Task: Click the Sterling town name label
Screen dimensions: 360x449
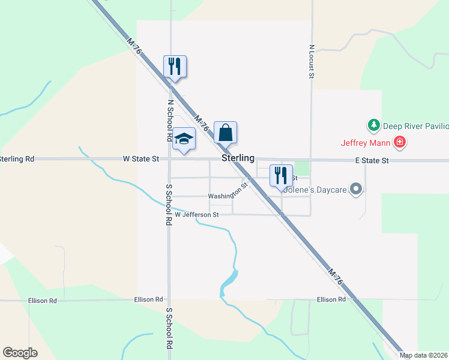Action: pyautogui.click(x=238, y=158)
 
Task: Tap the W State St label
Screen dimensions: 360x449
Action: pyautogui.click(x=140, y=159)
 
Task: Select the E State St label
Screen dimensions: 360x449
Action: pyautogui.click(x=372, y=161)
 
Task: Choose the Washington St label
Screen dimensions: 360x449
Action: pyautogui.click(x=228, y=194)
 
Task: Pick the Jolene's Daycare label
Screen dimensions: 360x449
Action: pyautogui.click(x=315, y=190)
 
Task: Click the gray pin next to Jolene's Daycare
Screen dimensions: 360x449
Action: pyautogui.click(x=357, y=190)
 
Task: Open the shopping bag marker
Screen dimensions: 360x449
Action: pyautogui.click(x=225, y=133)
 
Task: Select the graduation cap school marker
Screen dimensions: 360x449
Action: pyautogui.click(x=184, y=140)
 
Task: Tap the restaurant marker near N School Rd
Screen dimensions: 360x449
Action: pyautogui.click(x=175, y=66)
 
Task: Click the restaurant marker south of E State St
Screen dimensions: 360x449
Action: pyautogui.click(x=281, y=175)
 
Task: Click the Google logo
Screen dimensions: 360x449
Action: pyautogui.click(x=20, y=353)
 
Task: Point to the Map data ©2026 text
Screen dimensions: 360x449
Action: pyautogui.click(x=424, y=355)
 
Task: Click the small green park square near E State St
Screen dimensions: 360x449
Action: pyautogui.click(x=302, y=169)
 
